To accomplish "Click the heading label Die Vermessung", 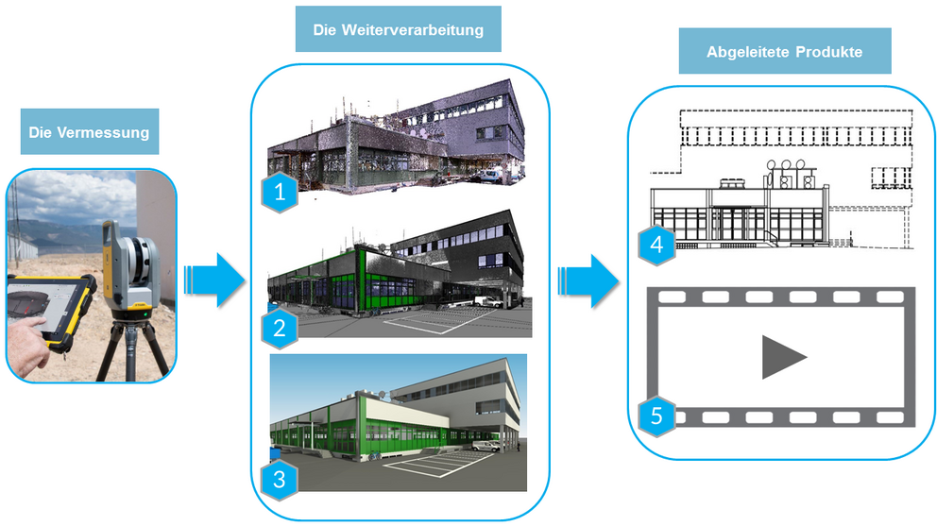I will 89,133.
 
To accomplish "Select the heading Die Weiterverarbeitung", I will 399,30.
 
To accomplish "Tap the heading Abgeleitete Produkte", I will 784,52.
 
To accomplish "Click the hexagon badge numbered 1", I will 279,194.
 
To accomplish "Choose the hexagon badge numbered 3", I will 279,478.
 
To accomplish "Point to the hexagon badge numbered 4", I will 656,246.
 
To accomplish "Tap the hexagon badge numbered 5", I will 656,415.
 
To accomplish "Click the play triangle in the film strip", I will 783,357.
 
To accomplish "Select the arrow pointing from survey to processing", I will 213,280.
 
